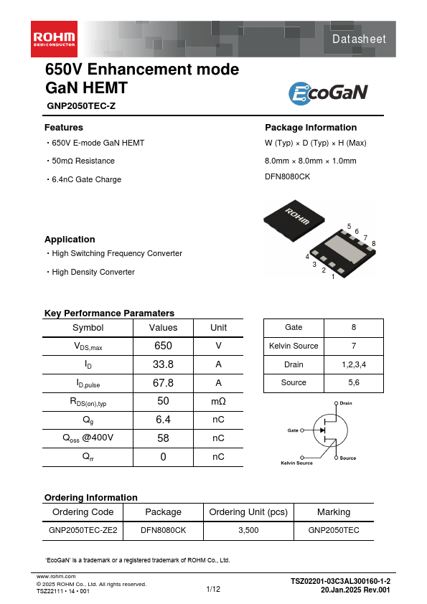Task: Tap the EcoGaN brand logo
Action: pyautogui.click(x=328, y=93)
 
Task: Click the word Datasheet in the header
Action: pyautogui.click(x=358, y=39)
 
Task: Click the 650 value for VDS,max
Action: pyautogui.click(x=163, y=345)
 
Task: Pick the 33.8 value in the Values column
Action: pyautogui.click(x=163, y=364)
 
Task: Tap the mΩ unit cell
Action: pyautogui.click(x=218, y=401)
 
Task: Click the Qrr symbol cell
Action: pyautogui.click(x=88, y=457)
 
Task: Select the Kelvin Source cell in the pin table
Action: pyautogui.click(x=294, y=346)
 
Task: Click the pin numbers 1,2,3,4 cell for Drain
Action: pyautogui.click(x=354, y=364)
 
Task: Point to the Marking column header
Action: pyautogui.click(x=334, y=512)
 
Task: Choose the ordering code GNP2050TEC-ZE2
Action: pyautogui.click(x=83, y=531)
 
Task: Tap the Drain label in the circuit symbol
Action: pyautogui.click(x=345, y=403)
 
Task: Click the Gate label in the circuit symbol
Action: pyautogui.click(x=293, y=430)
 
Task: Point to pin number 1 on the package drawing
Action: pyautogui.click(x=333, y=277)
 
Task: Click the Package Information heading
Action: pyautogui.click(x=311, y=128)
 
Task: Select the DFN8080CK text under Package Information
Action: pyautogui.click(x=288, y=176)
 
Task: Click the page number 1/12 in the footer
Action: pyautogui.click(x=213, y=589)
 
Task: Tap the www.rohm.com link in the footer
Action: pyautogui.click(x=56, y=576)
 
